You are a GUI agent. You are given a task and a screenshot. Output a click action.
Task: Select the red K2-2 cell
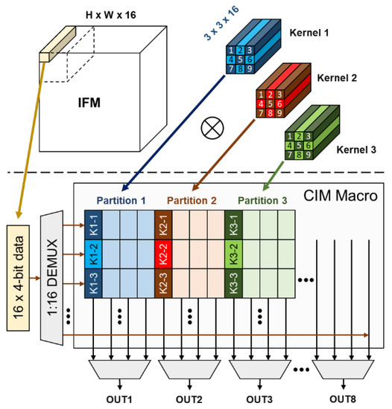[x=163, y=253]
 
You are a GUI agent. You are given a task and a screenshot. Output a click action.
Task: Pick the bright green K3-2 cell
[x=233, y=253]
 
